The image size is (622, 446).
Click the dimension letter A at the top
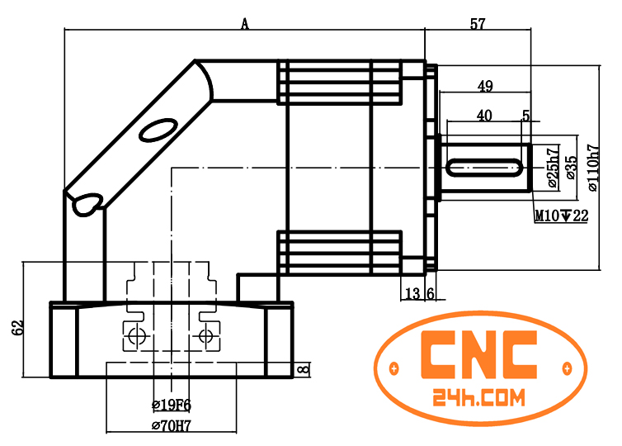244,23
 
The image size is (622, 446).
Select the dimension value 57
478,24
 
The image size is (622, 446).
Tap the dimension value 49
485,86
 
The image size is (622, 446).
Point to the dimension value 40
484,116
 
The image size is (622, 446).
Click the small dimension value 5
525,116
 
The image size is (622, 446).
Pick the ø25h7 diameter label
554,164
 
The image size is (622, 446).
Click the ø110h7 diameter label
592,168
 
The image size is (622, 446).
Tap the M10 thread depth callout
561,216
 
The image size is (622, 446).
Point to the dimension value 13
412,293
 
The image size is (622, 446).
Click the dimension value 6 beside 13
430,293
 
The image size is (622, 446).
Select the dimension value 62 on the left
17,327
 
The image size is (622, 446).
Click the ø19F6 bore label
172,405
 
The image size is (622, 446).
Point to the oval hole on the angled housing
156,130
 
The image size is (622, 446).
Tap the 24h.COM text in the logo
478,399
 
